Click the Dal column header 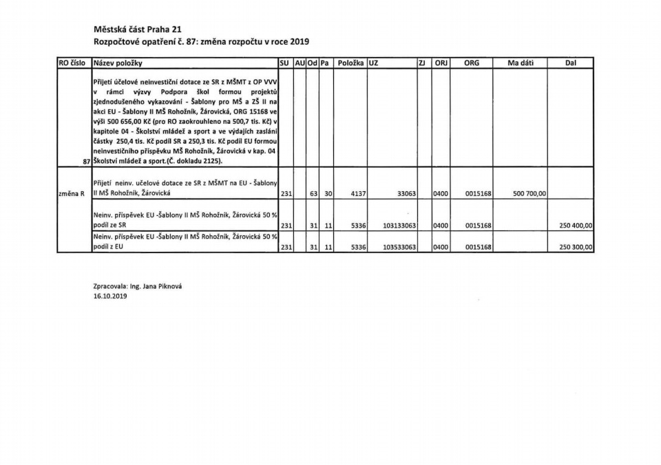pyautogui.click(x=570, y=63)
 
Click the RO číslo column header pyautogui.click(x=74, y=63)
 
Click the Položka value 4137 pyautogui.click(x=358, y=194)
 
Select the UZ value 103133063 pyautogui.click(x=397, y=225)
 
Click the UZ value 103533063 pyautogui.click(x=397, y=246)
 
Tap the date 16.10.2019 pyautogui.click(x=110, y=296)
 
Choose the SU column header pyautogui.click(x=284, y=63)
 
